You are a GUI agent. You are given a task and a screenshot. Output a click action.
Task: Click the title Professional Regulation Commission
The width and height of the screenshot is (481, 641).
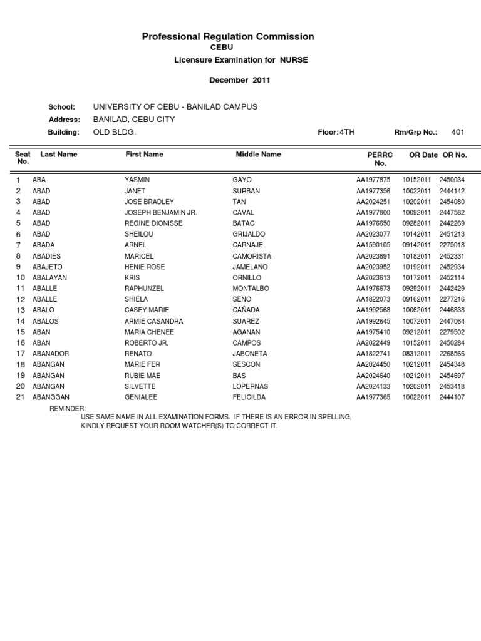(x=228, y=37)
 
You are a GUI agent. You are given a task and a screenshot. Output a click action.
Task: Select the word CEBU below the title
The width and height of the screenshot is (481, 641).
(x=228, y=48)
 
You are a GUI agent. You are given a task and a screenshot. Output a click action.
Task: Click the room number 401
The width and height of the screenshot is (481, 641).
(x=458, y=132)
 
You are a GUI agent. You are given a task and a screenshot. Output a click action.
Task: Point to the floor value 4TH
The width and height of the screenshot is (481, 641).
(x=347, y=132)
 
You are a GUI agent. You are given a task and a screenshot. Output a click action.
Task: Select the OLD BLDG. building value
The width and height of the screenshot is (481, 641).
(x=114, y=132)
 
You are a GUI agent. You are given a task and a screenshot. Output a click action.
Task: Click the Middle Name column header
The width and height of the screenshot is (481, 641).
(x=258, y=154)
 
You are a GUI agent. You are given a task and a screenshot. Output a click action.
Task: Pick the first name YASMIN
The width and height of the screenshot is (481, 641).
(x=137, y=180)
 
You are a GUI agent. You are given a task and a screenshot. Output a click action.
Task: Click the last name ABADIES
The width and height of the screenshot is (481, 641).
(x=46, y=256)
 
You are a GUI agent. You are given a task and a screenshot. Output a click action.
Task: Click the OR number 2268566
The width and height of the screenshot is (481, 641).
(x=452, y=354)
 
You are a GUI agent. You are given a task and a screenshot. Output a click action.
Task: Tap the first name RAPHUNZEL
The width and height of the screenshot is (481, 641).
(x=144, y=289)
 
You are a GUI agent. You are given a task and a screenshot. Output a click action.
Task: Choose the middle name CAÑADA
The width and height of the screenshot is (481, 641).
(x=246, y=310)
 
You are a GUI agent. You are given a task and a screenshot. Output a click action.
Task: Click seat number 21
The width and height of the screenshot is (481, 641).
(x=20, y=397)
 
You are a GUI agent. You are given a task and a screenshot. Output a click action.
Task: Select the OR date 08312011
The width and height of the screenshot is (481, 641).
(x=416, y=354)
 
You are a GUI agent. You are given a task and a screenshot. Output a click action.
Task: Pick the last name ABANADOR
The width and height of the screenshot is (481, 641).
(x=51, y=354)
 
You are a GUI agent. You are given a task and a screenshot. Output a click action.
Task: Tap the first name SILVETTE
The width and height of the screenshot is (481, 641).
(x=140, y=386)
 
